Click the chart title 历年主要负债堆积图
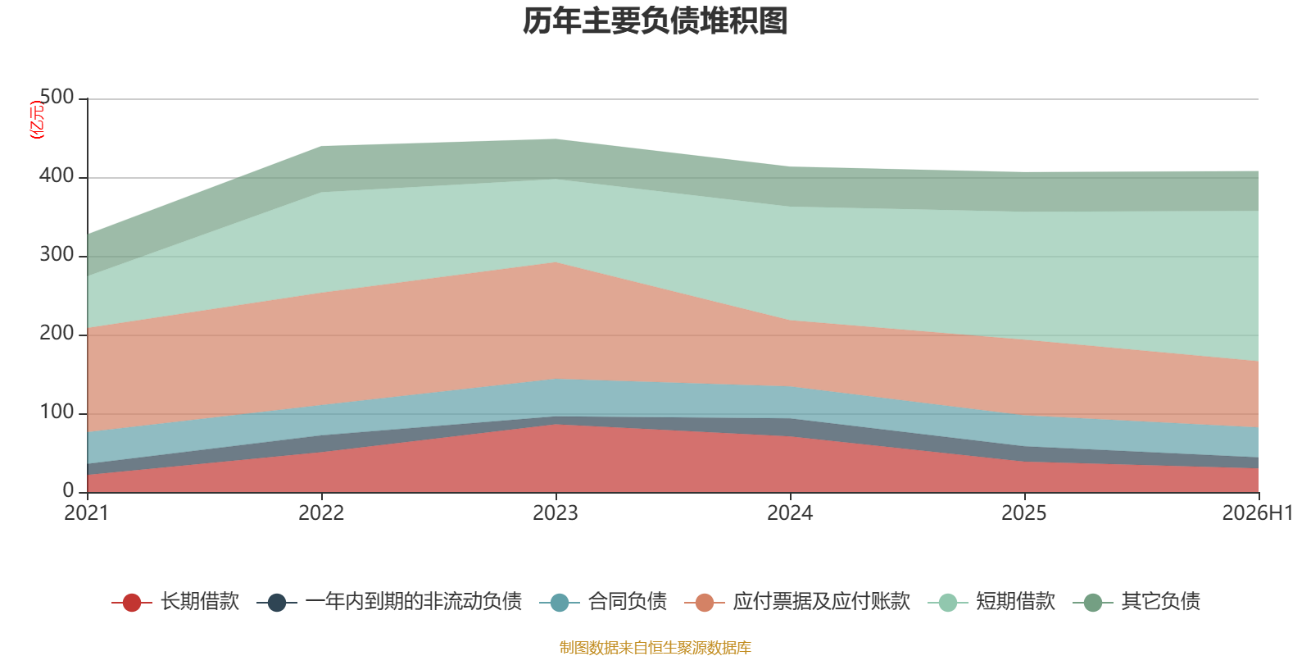tap(655, 21)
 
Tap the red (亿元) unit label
tap(37, 120)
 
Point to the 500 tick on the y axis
tap(57, 97)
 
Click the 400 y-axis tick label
tap(57, 175)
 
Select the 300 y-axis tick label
tap(57, 254)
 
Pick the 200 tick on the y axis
tap(57, 333)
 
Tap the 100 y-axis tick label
tap(57, 412)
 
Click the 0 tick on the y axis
tap(69, 490)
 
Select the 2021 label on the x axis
tap(87, 513)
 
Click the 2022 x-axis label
tap(321, 513)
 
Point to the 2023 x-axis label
tap(556, 513)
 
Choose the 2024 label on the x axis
tap(790, 513)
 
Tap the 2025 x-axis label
tap(1024, 513)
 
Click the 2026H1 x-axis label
tap(1258, 513)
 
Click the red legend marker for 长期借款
tap(132, 602)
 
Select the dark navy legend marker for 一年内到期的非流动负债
tap(277, 602)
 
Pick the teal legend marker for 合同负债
tap(560, 602)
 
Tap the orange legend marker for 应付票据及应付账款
tap(705, 602)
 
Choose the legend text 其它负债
tap(1160, 602)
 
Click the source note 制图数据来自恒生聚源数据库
tap(655, 647)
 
